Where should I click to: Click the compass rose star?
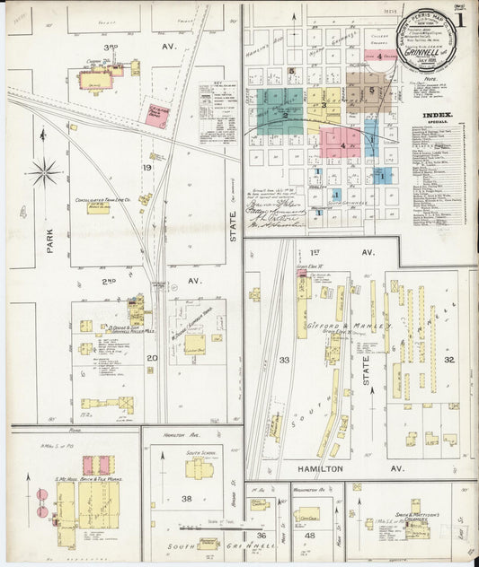coord(45,170)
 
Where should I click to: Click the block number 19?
coord(147,168)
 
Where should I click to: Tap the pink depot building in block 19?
coord(157,116)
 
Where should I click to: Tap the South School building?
coord(198,467)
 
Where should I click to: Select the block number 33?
coord(285,359)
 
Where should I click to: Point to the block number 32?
coord(448,359)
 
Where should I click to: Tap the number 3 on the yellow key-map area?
coord(322,105)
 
